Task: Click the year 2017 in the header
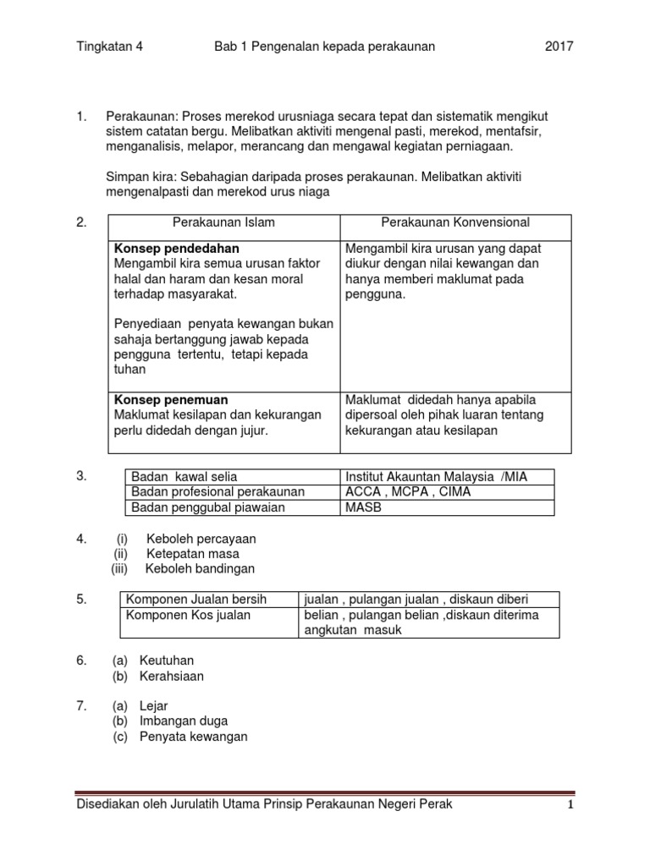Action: coord(559,47)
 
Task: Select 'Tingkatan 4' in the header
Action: coord(110,47)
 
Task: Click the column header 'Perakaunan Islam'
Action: coord(223,222)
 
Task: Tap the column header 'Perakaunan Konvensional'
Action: coord(455,222)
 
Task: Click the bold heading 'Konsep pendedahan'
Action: coord(176,249)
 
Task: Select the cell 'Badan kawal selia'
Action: coord(182,476)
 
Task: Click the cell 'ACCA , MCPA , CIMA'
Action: coord(408,491)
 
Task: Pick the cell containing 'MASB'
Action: coord(362,507)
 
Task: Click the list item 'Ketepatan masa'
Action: coord(193,553)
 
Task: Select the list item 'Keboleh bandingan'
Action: coord(200,568)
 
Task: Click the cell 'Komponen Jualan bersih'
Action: coord(196,599)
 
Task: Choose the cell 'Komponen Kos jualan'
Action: coord(188,615)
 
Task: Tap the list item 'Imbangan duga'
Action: coord(184,721)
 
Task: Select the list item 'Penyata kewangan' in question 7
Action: coord(193,737)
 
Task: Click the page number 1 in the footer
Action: coord(570,805)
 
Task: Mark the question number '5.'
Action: coord(82,599)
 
